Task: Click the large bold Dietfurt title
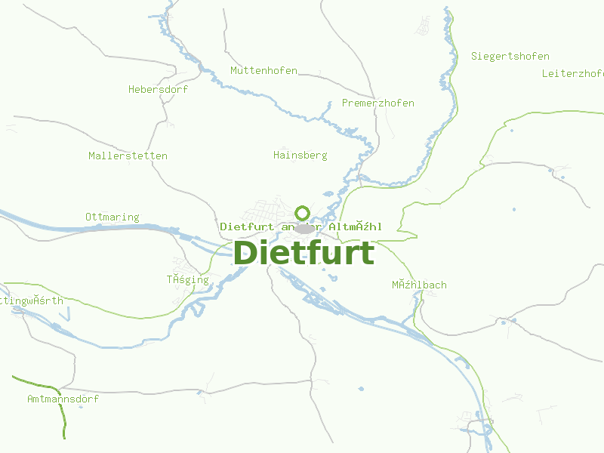(304, 253)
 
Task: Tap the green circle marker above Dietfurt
(303, 212)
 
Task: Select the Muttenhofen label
(263, 71)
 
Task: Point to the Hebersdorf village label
(158, 89)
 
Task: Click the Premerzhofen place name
(377, 103)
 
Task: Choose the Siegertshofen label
(510, 57)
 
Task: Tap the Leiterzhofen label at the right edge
(572, 74)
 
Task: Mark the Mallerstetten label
(128, 156)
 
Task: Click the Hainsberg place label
(300, 156)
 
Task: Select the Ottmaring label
(112, 217)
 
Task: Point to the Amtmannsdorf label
(63, 399)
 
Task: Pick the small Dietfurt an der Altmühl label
(300, 226)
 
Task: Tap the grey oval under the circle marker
(304, 229)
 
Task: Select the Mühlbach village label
(418, 285)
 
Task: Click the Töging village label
(187, 280)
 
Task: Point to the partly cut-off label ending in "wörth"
(31, 300)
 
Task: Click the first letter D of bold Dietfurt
(245, 253)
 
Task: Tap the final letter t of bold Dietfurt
(368, 253)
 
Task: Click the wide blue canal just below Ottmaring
(113, 227)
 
